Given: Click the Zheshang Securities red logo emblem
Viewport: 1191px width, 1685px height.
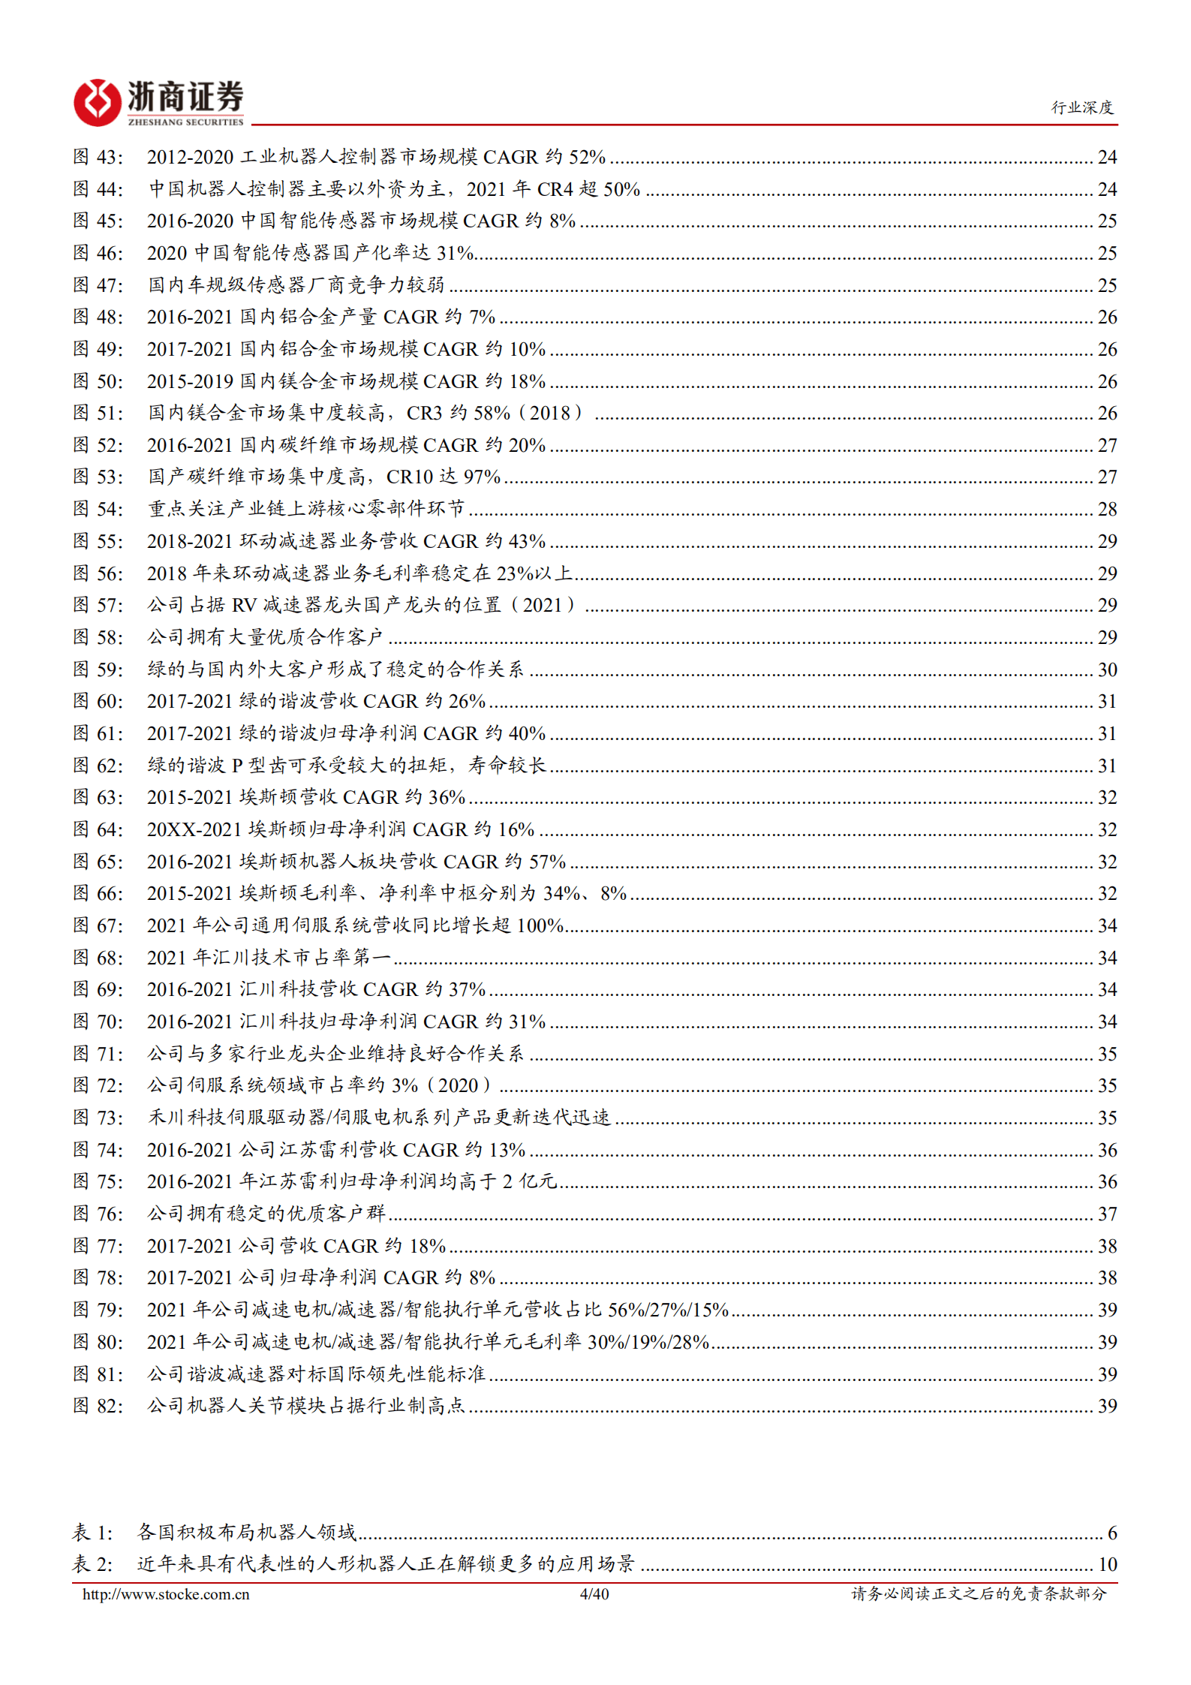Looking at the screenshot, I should point(97,102).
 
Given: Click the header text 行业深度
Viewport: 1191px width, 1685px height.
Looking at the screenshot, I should point(1081,107).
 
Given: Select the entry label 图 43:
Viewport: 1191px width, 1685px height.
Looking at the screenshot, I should point(98,157).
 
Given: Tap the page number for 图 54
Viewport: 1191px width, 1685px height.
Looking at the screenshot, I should point(1107,510).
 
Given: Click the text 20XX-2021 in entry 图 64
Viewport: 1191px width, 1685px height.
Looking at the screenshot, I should point(194,829).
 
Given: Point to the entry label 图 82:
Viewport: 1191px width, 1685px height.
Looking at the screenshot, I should point(98,1406).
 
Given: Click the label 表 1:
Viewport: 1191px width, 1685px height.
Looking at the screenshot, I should point(92,1533).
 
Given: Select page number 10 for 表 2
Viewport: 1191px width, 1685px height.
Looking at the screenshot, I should point(1107,1564).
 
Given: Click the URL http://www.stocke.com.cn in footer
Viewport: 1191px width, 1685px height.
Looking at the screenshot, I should point(166,1594).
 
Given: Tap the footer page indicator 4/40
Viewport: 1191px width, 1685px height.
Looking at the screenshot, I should point(594,1594).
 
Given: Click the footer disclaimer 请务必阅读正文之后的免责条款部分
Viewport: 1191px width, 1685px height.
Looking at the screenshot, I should point(979,1594).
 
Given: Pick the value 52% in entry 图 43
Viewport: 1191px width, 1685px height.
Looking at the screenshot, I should point(587,157).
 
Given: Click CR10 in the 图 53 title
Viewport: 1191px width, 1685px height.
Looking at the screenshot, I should point(410,477).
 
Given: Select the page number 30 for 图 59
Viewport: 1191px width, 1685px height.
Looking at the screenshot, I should point(1107,669).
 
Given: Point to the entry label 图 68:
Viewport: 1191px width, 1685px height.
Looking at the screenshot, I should point(98,958).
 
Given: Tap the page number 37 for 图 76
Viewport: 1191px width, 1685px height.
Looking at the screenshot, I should point(1107,1214).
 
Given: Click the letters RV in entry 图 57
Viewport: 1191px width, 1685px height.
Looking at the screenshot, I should point(245,605).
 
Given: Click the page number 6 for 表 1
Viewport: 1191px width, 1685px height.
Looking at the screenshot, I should point(1111,1533).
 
